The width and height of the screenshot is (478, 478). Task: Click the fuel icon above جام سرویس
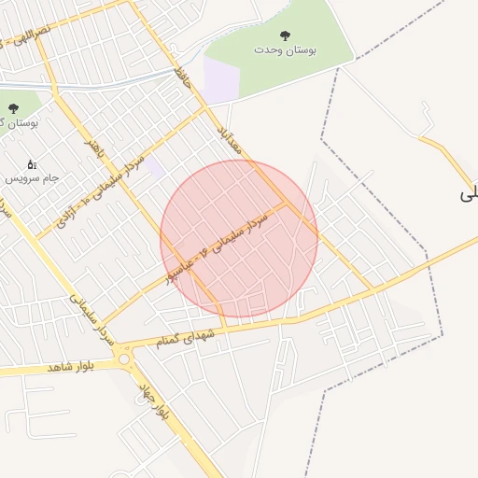pyautogui.click(x=32, y=163)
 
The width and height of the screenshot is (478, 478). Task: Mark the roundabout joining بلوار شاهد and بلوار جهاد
pyautogui.click(x=124, y=358)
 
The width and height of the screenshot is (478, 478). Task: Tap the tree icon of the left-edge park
pyautogui.click(x=12, y=108)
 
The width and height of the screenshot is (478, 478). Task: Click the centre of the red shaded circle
pyautogui.click(x=239, y=239)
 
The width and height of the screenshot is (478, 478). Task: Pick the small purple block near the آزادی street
pyautogui.click(x=155, y=168)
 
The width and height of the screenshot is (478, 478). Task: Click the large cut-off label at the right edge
pyautogui.click(x=468, y=194)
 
